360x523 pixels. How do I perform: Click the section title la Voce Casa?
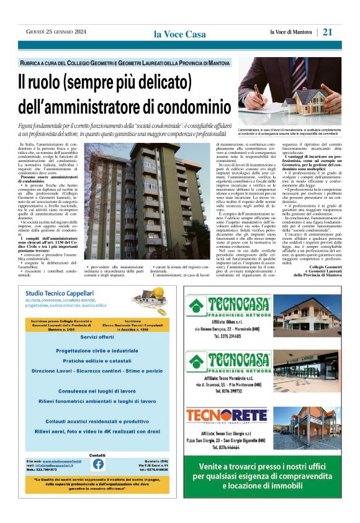click(x=180, y=34)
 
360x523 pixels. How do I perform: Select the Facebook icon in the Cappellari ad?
click(x=98, y=463)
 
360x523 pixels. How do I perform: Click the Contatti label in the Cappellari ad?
click(x=97, y=455)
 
